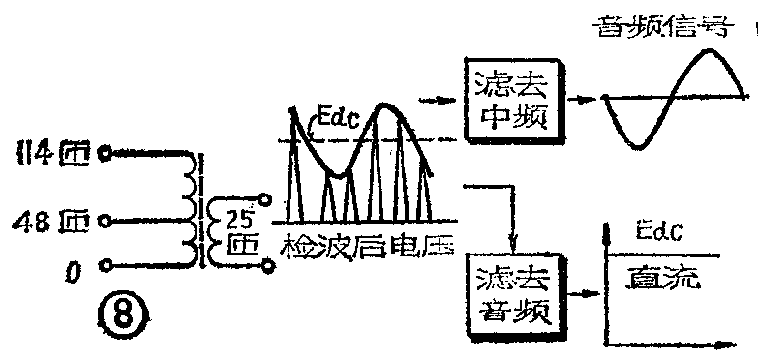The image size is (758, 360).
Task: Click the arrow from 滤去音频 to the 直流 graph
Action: [x=581, y=289]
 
